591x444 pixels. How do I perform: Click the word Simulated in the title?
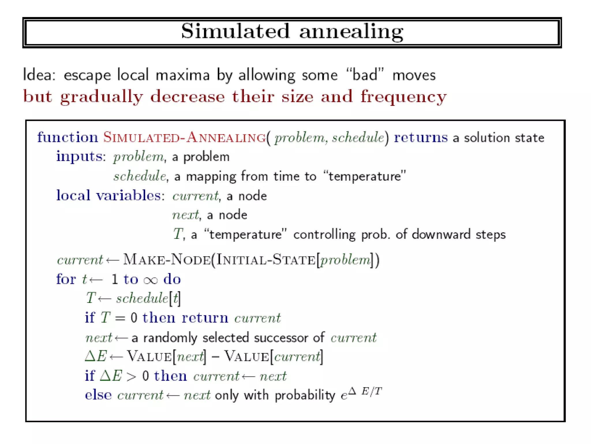[235, 31]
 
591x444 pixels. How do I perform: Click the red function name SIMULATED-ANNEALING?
[185, 137]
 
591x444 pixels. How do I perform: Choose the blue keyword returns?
[421, 137]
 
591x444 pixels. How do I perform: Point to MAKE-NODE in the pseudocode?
[167, 260]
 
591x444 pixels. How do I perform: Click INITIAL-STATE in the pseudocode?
[265, 260]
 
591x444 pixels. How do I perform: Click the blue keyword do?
[172, 279]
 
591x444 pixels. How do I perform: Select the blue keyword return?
[205, 318]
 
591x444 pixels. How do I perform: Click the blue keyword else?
[98, 395]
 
